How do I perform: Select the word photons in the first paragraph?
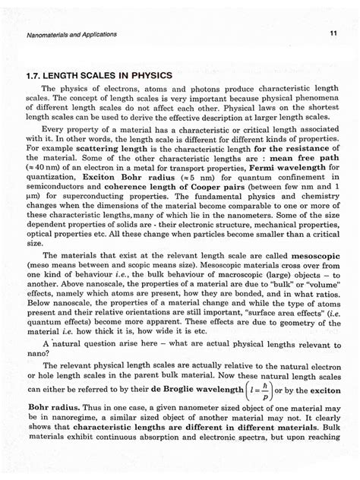[170, 89]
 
